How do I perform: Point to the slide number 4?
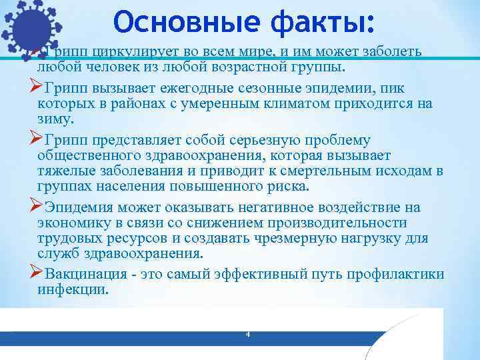[x=247, y=333]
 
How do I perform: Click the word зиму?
[x=55, y=119]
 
